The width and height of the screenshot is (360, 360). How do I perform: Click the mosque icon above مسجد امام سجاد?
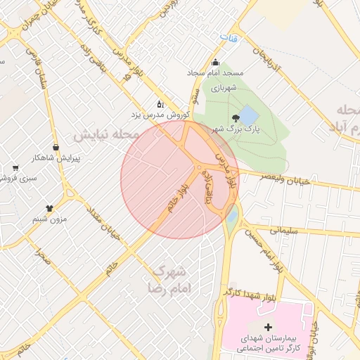(215, 61)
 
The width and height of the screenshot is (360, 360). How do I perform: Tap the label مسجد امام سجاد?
(215, 72)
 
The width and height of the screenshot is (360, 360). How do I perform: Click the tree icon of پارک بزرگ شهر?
(235, 117)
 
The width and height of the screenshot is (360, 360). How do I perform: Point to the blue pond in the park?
(249, 114)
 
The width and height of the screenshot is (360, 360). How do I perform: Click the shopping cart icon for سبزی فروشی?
(15, 168)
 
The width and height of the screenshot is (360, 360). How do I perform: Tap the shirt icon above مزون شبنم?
(50, 208)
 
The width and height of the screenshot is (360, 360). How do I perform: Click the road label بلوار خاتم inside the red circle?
(174, 200)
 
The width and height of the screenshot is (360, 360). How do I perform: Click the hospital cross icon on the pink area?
(268, 327)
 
